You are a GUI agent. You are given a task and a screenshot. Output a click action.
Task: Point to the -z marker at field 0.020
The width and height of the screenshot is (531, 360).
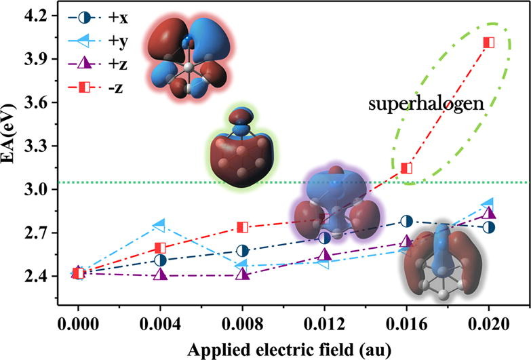pyautogui.click(x=488, y=43)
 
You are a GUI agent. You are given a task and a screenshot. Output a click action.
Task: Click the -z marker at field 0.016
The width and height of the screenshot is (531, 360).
pyautogui.click(x=407, y=168)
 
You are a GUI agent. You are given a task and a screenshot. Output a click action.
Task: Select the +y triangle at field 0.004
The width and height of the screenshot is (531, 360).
pyautogui.click(x=160, y=224)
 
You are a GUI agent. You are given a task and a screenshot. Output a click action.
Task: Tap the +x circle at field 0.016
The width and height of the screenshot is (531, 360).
pyautogui.click(x=407, y=221)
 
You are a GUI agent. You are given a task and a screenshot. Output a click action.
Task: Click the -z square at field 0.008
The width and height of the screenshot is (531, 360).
pyautogui.click(x=242, y=227)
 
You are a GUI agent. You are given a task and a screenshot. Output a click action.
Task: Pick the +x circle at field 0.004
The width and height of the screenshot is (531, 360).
pyautogui.click(x=160, y=260)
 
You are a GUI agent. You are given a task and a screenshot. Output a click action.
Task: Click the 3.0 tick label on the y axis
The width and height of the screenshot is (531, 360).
pyautogui.click(x=41, y=189)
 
